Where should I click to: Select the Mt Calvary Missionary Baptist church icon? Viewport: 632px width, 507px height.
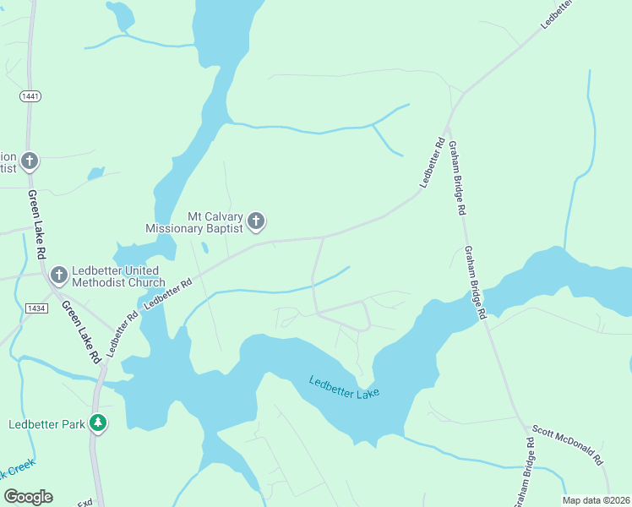(x=256, y=222)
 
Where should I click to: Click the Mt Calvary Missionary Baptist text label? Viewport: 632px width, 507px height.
(x=194, y=222)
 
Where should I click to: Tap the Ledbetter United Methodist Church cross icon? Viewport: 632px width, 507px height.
(x=58, y=275)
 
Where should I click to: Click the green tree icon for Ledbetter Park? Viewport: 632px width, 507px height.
(x=98, y=422)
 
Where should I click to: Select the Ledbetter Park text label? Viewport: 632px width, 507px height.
(x=47, y=424)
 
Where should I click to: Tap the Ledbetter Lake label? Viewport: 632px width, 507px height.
(x=344, y=388)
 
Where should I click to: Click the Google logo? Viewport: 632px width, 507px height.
(x=28, y=497)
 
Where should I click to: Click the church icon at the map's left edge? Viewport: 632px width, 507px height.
(x=30, y=161)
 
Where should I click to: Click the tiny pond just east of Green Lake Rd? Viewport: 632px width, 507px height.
(x=95, y=173)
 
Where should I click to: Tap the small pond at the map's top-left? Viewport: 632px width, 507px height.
(x=120, y=14)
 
